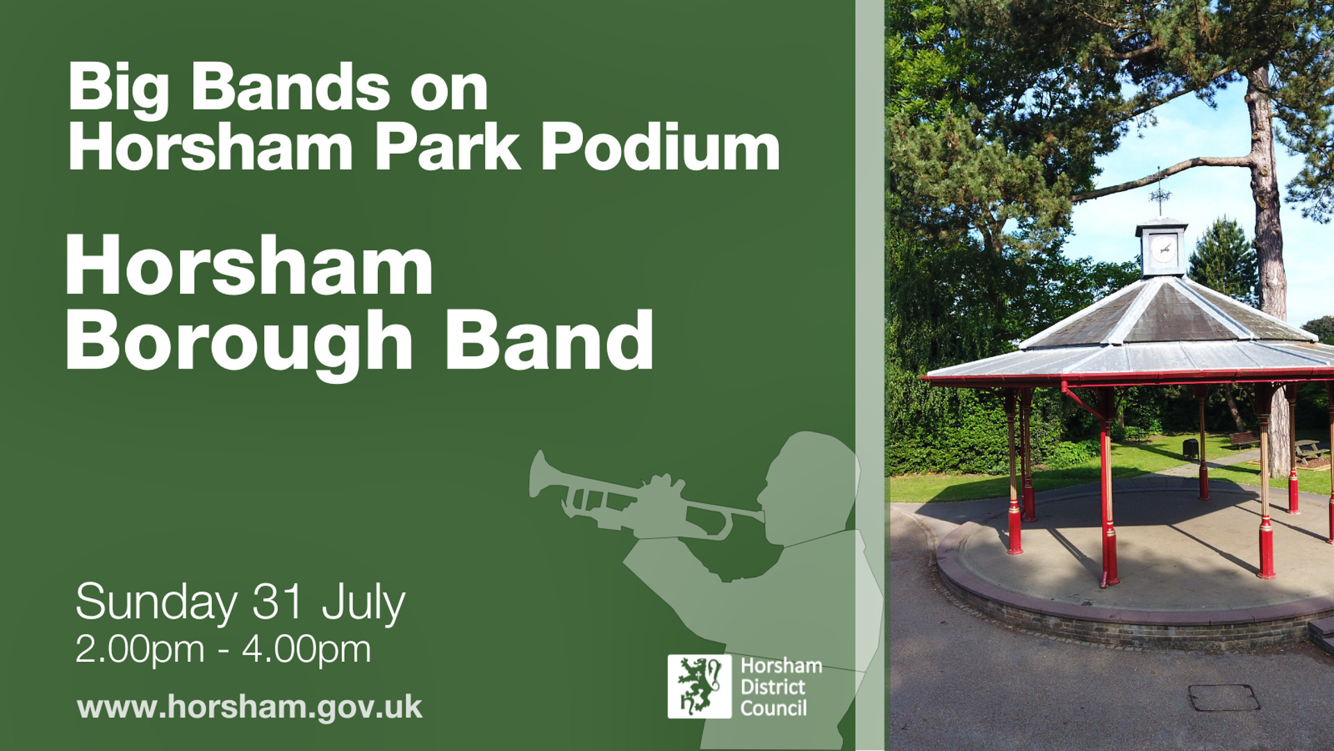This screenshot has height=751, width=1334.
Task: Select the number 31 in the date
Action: [279, 601]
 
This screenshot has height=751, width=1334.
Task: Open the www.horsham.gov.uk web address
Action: [249, 708]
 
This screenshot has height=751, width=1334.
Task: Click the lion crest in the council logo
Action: [700, 686]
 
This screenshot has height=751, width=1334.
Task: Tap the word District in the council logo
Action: [773, 687]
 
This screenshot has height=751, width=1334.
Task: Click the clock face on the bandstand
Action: [1162, 248]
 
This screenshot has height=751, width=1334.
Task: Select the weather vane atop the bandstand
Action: [1159, 193]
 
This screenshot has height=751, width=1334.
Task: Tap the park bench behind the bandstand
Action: [1244, 439]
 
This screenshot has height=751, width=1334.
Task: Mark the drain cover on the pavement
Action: [1224, 697]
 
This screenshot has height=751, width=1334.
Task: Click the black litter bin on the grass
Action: [1190, 449]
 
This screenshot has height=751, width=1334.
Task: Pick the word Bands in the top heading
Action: [290, 87]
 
